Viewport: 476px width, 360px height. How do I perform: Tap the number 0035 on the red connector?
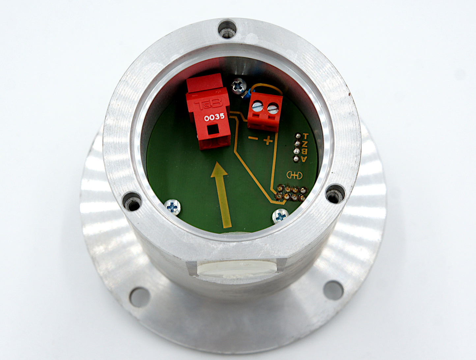[214, 117]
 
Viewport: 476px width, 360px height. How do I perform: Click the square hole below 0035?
[212, 130]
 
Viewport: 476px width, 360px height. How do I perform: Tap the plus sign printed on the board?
[268, 140]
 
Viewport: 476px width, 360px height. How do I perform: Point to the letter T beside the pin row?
[305, 136]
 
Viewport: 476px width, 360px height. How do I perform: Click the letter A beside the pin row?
[304, 159]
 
